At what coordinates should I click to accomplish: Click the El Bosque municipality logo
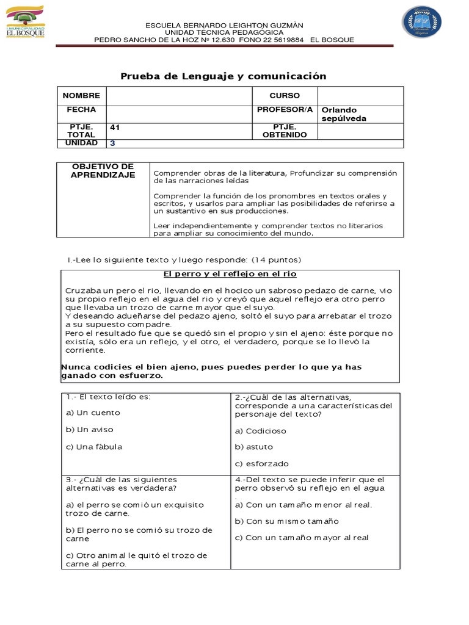point(24,21)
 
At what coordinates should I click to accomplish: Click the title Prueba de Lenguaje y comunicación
point(223,76)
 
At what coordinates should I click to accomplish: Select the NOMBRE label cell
point(81,96)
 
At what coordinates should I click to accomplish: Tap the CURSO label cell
point(285,96)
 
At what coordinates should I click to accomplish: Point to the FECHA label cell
point(81,110)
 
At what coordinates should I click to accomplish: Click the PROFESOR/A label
point(285,110)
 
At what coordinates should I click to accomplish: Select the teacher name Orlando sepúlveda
point(344,114)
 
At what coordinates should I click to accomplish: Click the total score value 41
point(115,128)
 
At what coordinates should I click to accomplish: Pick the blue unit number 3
point(112,143)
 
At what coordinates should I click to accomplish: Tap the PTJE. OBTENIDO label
point(285,131)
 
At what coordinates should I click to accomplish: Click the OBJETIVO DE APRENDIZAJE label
point(103,171)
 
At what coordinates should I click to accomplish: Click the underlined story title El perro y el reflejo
point(231,274)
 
